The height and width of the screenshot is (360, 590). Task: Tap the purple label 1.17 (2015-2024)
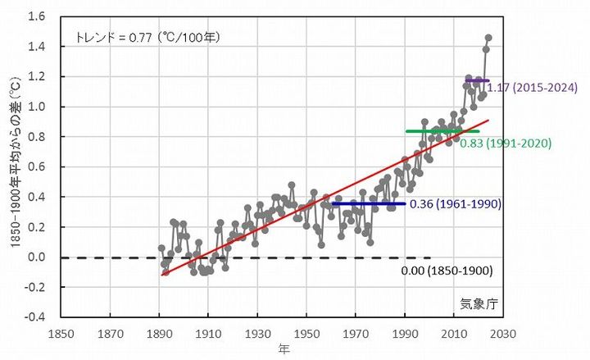pos(533,88)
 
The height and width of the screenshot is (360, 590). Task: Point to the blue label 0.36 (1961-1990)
pos(455,203)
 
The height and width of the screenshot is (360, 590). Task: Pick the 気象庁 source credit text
pos(479,303)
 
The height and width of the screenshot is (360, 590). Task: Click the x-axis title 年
pos(283,350)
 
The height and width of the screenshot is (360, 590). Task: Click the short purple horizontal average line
pos(477,80)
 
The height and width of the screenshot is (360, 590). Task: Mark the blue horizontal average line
pos(369,203)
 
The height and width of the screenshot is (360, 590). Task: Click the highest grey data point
pos(488,37)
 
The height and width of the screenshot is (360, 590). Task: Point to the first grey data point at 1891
pos(161,248)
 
